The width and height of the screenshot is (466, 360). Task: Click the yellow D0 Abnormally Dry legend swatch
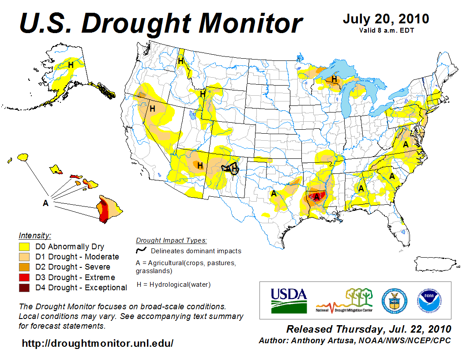tap(24, 247)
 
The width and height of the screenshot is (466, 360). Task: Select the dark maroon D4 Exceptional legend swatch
tap(24, 288)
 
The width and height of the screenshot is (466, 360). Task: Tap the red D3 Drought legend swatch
tap(24, 277)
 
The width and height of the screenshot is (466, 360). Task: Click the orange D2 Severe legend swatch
tap(24, 267)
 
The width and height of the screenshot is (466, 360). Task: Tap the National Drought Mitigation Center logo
tap(344, 300)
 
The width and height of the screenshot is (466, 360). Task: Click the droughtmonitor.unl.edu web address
tap(98, 343)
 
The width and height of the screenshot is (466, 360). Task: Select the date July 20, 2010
tap(386, 19)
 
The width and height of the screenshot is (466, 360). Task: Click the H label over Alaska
tap(71, 65)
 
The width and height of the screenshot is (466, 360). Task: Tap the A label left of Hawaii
tap(45, 203)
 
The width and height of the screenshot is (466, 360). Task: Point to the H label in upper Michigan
tap(334, 79)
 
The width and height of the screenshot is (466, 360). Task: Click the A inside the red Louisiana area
tap(316, 197)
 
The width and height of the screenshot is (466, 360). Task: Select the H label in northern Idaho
tap(180, 61)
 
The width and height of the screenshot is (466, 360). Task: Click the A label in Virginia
tap(406, 144)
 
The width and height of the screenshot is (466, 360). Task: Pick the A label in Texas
tap(274, 193)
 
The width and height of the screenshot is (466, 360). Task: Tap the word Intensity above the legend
tap(35, 236)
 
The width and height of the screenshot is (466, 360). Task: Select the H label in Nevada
tap(152, 109)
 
